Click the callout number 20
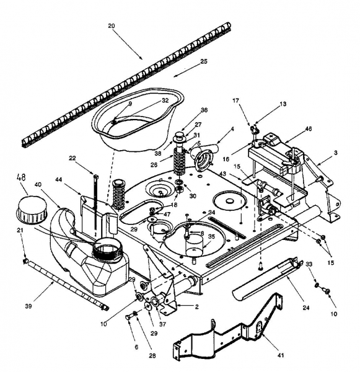tap(112, 26)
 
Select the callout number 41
tap(281, 355)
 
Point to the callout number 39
tap(29, 306)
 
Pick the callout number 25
tap(204, 61)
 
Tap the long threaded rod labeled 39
tap(66, 285)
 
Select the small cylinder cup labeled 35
tap(195, 246)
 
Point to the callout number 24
tap(306, 308)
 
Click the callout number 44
tap(59, 180)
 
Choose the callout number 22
tap(72, 157)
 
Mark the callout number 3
tap(336, 153)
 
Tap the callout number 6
tap(136, 347)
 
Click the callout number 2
tap(196, 307)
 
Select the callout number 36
tap(204, 110)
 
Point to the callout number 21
tap(20, 230)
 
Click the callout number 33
tap(309, 264)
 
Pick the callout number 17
tap(235, 101)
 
